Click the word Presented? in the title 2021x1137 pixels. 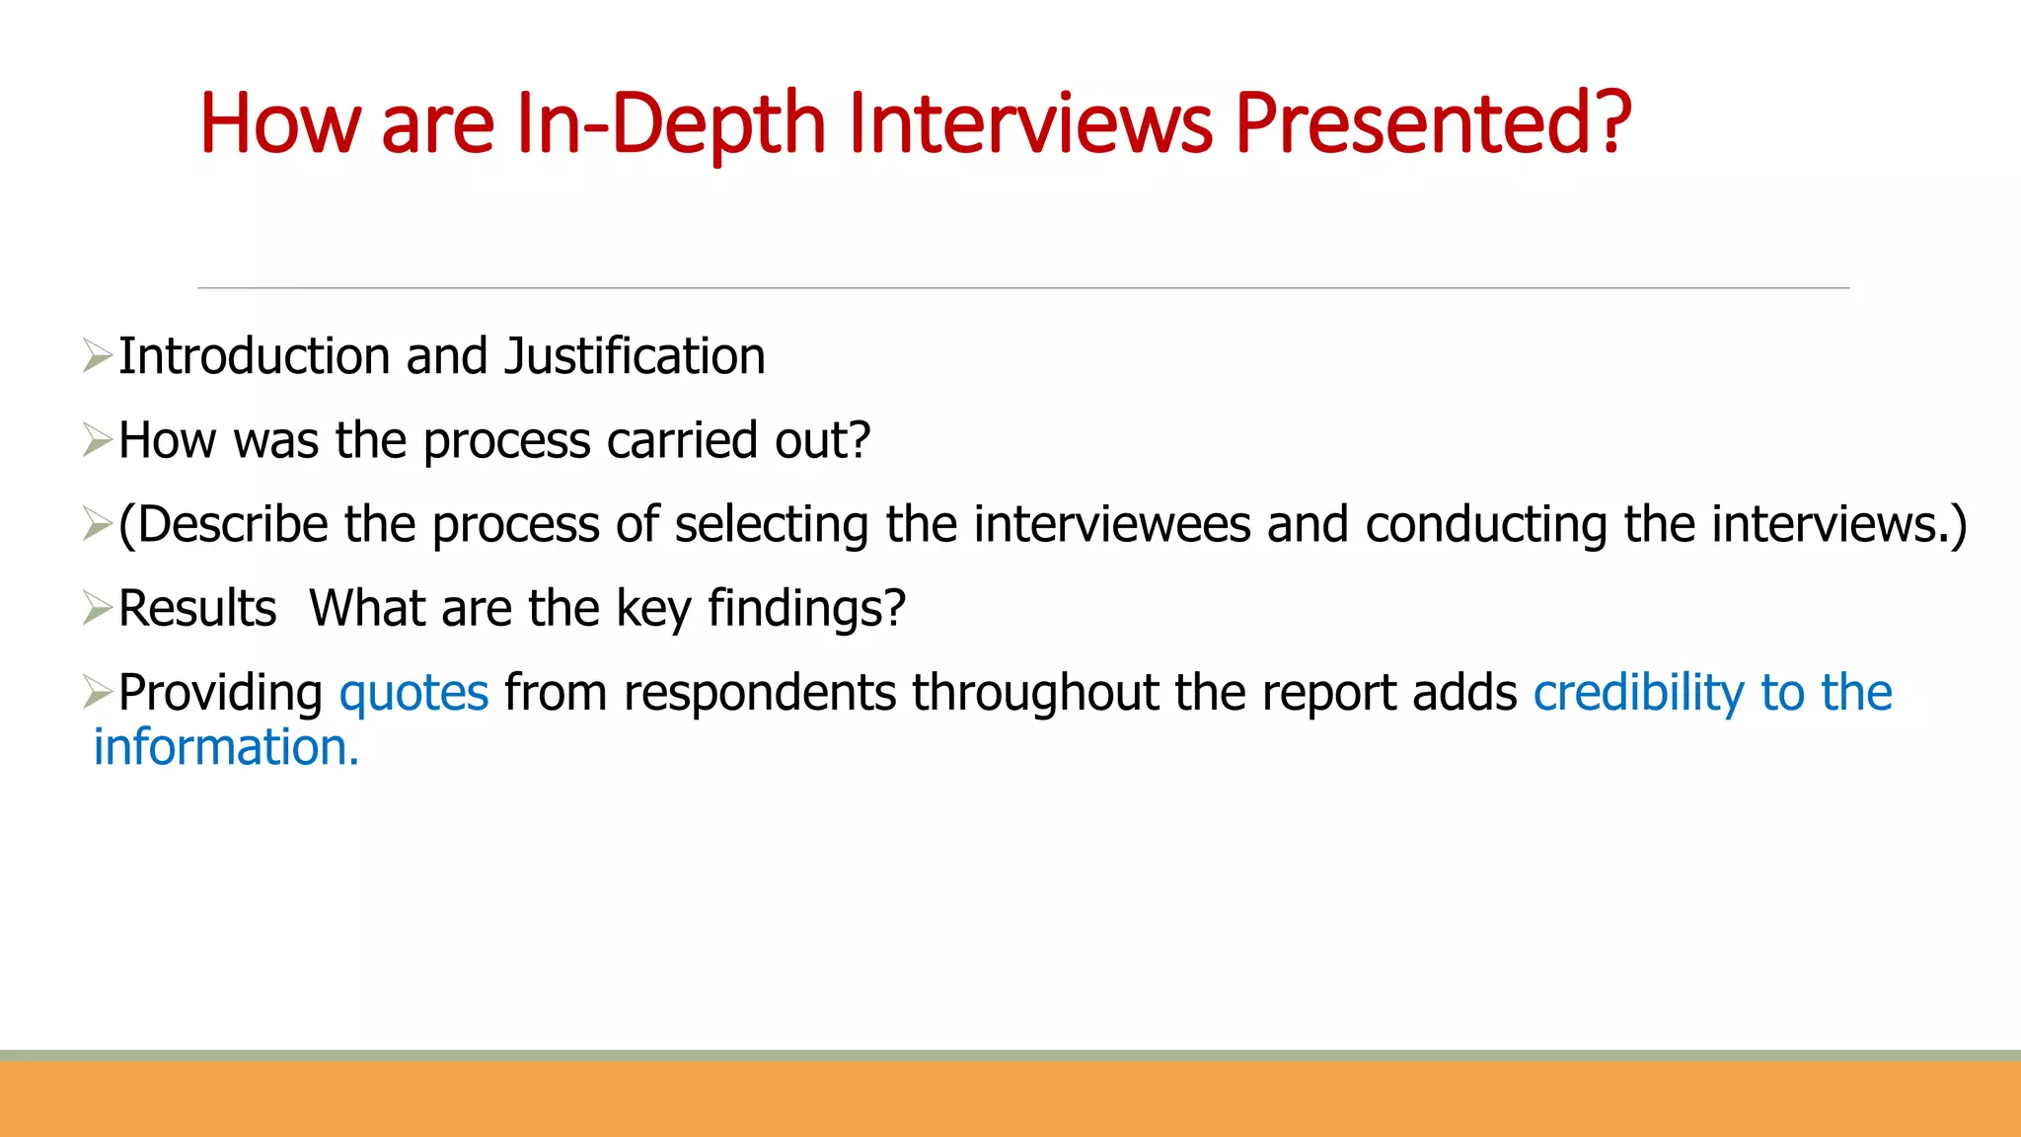(1433, 124)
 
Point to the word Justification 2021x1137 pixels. (635, 356)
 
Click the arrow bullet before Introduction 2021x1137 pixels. (98, 356)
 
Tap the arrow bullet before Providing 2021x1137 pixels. (98, 692)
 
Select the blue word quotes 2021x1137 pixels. (413, 693)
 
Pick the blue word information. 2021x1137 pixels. (226, 748)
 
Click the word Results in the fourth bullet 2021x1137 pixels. (197, 608)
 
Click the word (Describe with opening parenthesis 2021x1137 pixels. (223, 524)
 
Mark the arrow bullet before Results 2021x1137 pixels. (98, 608)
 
